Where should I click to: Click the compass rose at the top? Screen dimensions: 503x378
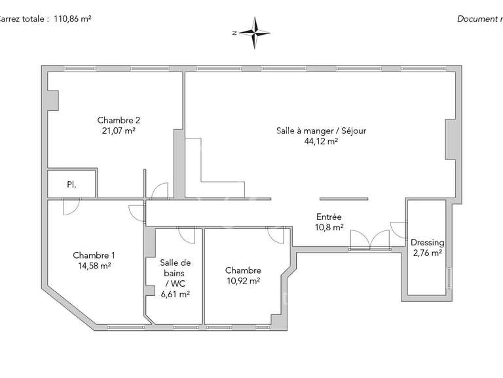click(x=255, y=32)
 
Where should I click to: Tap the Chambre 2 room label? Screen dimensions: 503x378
click(x=119, y=120)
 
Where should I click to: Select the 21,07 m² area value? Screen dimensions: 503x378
click(x=119, y=131)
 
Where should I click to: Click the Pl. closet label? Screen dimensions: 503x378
click(x=71, y=185)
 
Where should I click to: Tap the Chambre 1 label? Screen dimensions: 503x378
click(x=94, y=255)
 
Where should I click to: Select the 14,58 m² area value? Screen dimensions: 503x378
click(x=94, y=266)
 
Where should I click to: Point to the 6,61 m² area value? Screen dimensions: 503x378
click(x=176, y=295)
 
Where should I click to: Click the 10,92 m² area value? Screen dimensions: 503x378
click(x=243, y=281)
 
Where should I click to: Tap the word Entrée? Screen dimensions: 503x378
click(x=329, y=217)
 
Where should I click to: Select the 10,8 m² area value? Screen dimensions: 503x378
click(x=329, y=228)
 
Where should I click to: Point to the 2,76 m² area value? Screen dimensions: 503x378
click(x=427, y=252)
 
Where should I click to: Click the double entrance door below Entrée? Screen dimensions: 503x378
click(x=369, y=241)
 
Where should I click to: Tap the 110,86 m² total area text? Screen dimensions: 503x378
click(x=71, y=19)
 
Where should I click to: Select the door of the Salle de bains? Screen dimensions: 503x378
click(x=185, y=235)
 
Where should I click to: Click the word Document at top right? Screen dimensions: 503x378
click(x=476, y=19)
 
